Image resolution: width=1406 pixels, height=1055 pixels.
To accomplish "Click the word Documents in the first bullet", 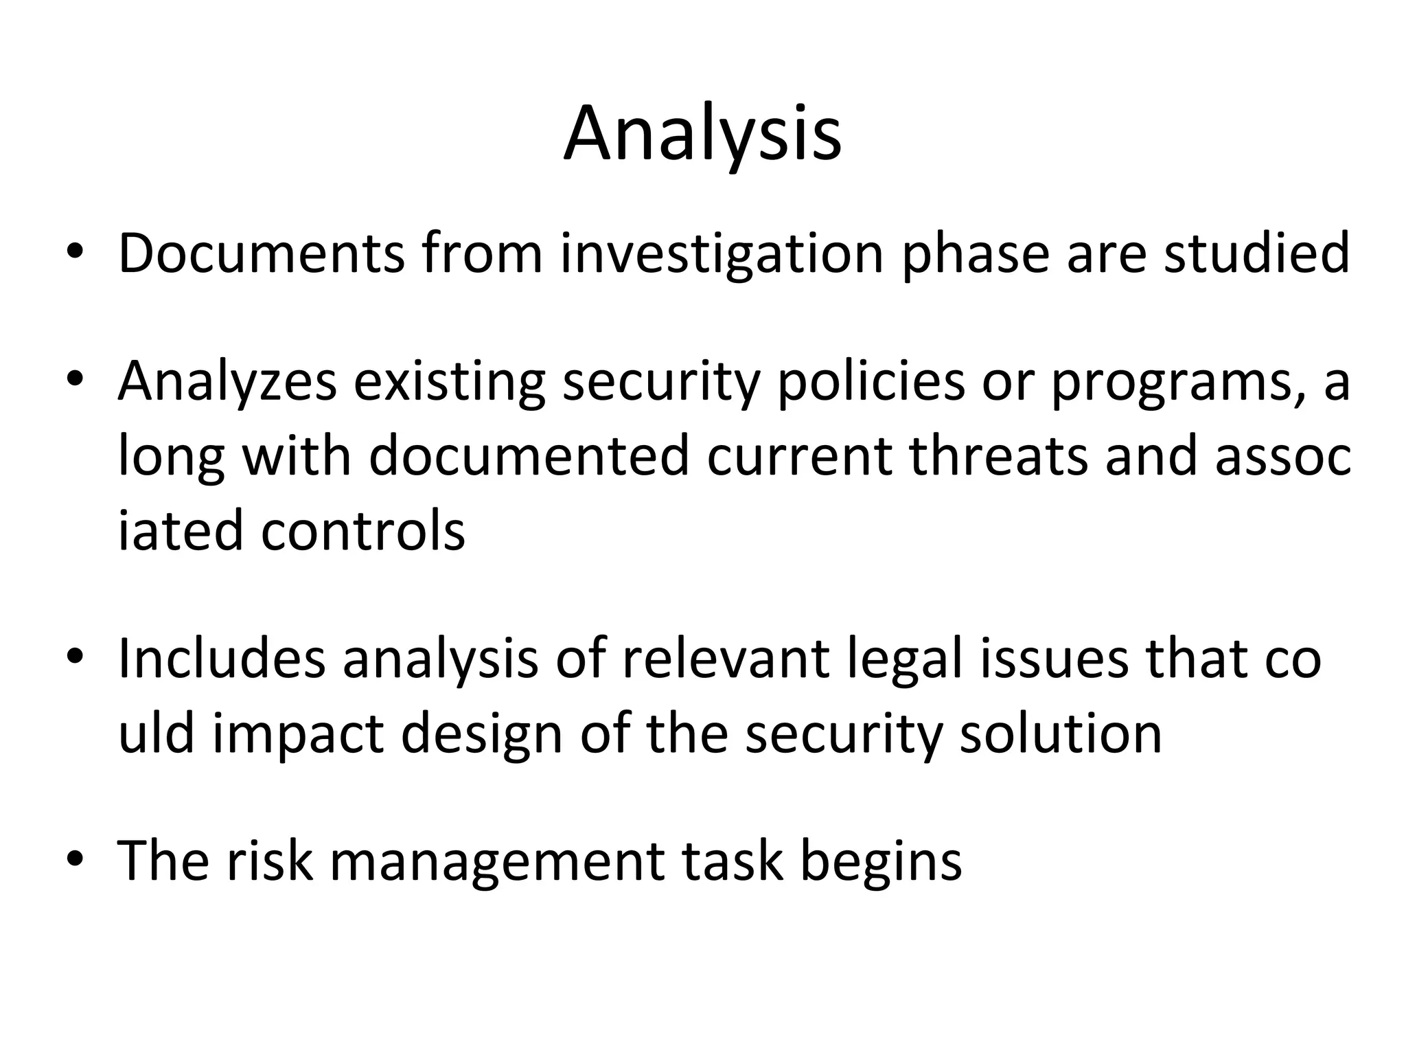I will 262,253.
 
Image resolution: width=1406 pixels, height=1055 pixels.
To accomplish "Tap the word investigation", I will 722,253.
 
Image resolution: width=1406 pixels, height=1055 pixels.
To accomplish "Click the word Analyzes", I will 227,383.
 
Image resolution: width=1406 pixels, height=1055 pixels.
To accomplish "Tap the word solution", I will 1061,734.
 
